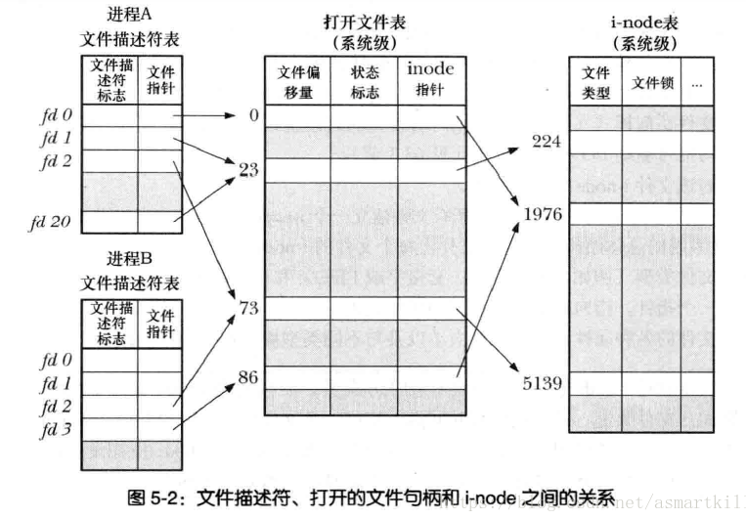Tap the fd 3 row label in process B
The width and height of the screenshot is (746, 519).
tap(55, 427)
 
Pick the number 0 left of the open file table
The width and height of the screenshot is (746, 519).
tap(253, 115)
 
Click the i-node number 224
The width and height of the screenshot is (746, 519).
tap(546, 142)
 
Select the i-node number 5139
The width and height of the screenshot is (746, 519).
tap(542, 383)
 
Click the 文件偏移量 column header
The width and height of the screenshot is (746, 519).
tap(296, 80)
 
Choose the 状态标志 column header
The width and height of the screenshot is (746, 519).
tap(363, 80)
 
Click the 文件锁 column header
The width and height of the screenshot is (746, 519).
tap(652, 83)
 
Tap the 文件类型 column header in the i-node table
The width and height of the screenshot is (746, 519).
tap(595, 83)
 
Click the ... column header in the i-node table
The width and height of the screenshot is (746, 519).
tap(696, 84)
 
